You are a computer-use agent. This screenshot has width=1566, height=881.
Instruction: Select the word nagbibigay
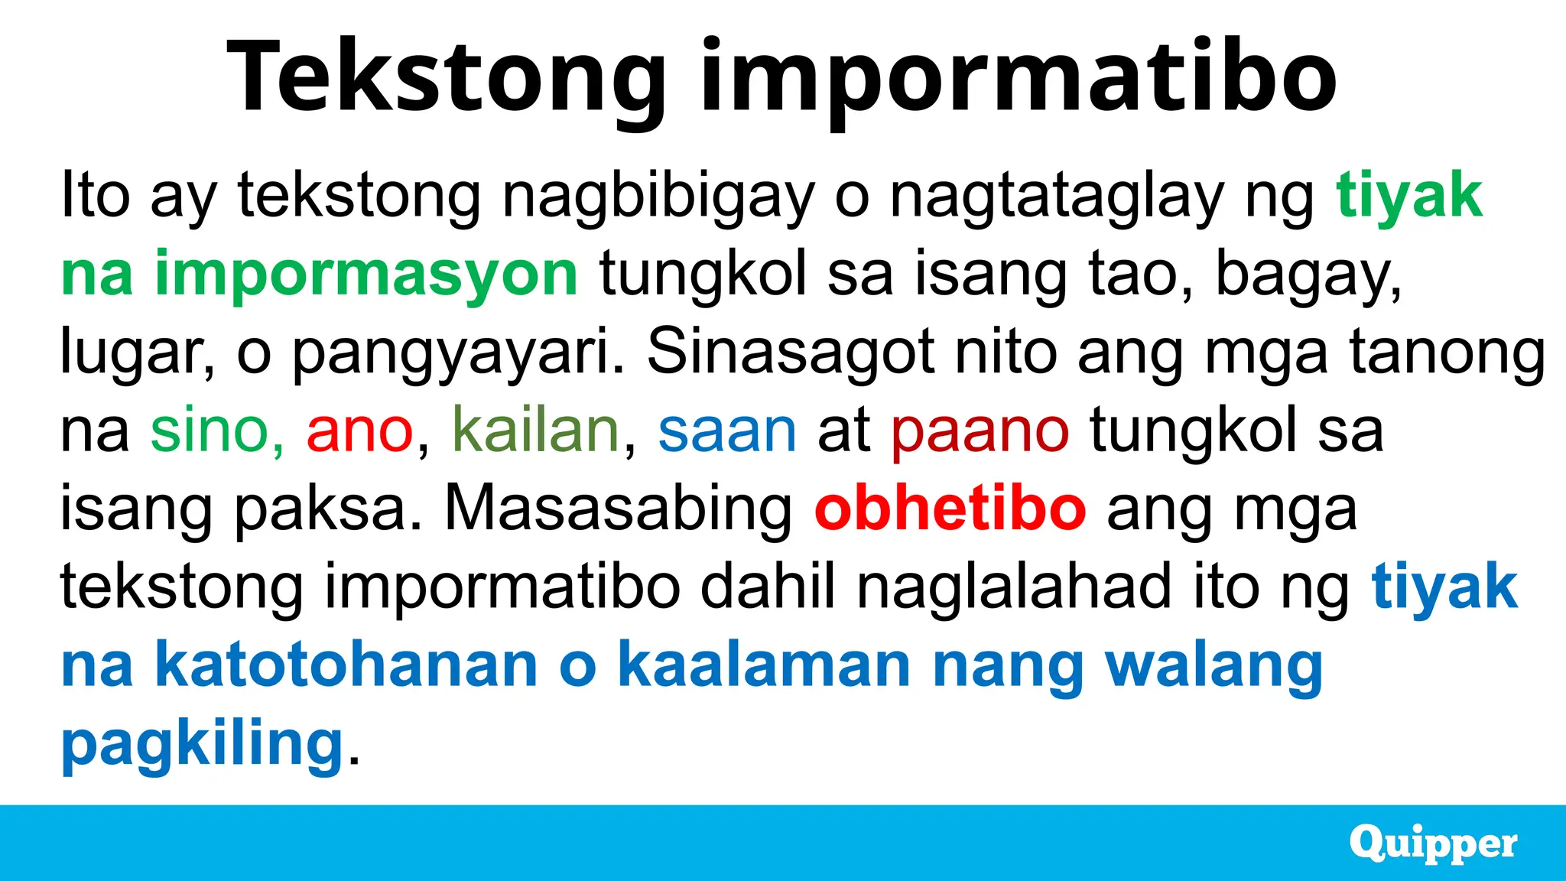pyautogui.click(x=658, y=196)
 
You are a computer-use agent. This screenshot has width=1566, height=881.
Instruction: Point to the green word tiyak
pyautogui.click(x=1408, y=196)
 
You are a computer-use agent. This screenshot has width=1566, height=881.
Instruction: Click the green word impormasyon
pyautogui.click(x=366, y=274)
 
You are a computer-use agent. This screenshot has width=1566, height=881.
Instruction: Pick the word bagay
pyautogui.click(x=1308, y=274)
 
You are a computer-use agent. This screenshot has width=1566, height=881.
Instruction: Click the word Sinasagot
pyautogui.click(x=791, y=352)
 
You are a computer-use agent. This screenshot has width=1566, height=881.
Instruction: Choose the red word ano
pyautogui.click(x=359, y=430)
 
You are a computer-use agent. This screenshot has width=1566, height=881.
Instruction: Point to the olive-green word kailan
pyautogui.click(x=535, y=430)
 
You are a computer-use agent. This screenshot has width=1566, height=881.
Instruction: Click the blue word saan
pyautogui.click(x=727, y=430)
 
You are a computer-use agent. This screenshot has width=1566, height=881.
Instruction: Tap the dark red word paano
pyautogui.click(x=980, y=430)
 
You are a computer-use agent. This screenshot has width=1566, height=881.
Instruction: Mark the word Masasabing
pyautogui.click(x=618, y=509)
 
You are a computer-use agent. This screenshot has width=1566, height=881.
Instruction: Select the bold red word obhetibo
pyautogui.click(x=950, y=509)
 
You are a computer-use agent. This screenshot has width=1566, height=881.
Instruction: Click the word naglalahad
pyautogui.click(x=1014, y=587)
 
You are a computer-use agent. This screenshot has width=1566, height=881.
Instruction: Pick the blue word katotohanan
pyautogui.click(x=346, y=665)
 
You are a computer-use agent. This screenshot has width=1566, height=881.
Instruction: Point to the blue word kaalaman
pyautogui.click(x=764, y=665)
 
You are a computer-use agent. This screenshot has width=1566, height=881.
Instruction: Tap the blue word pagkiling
pyautogui.click(x=202, y=743)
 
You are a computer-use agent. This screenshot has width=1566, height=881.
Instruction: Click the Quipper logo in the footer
pyautogui.click(x=1433, y=844)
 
